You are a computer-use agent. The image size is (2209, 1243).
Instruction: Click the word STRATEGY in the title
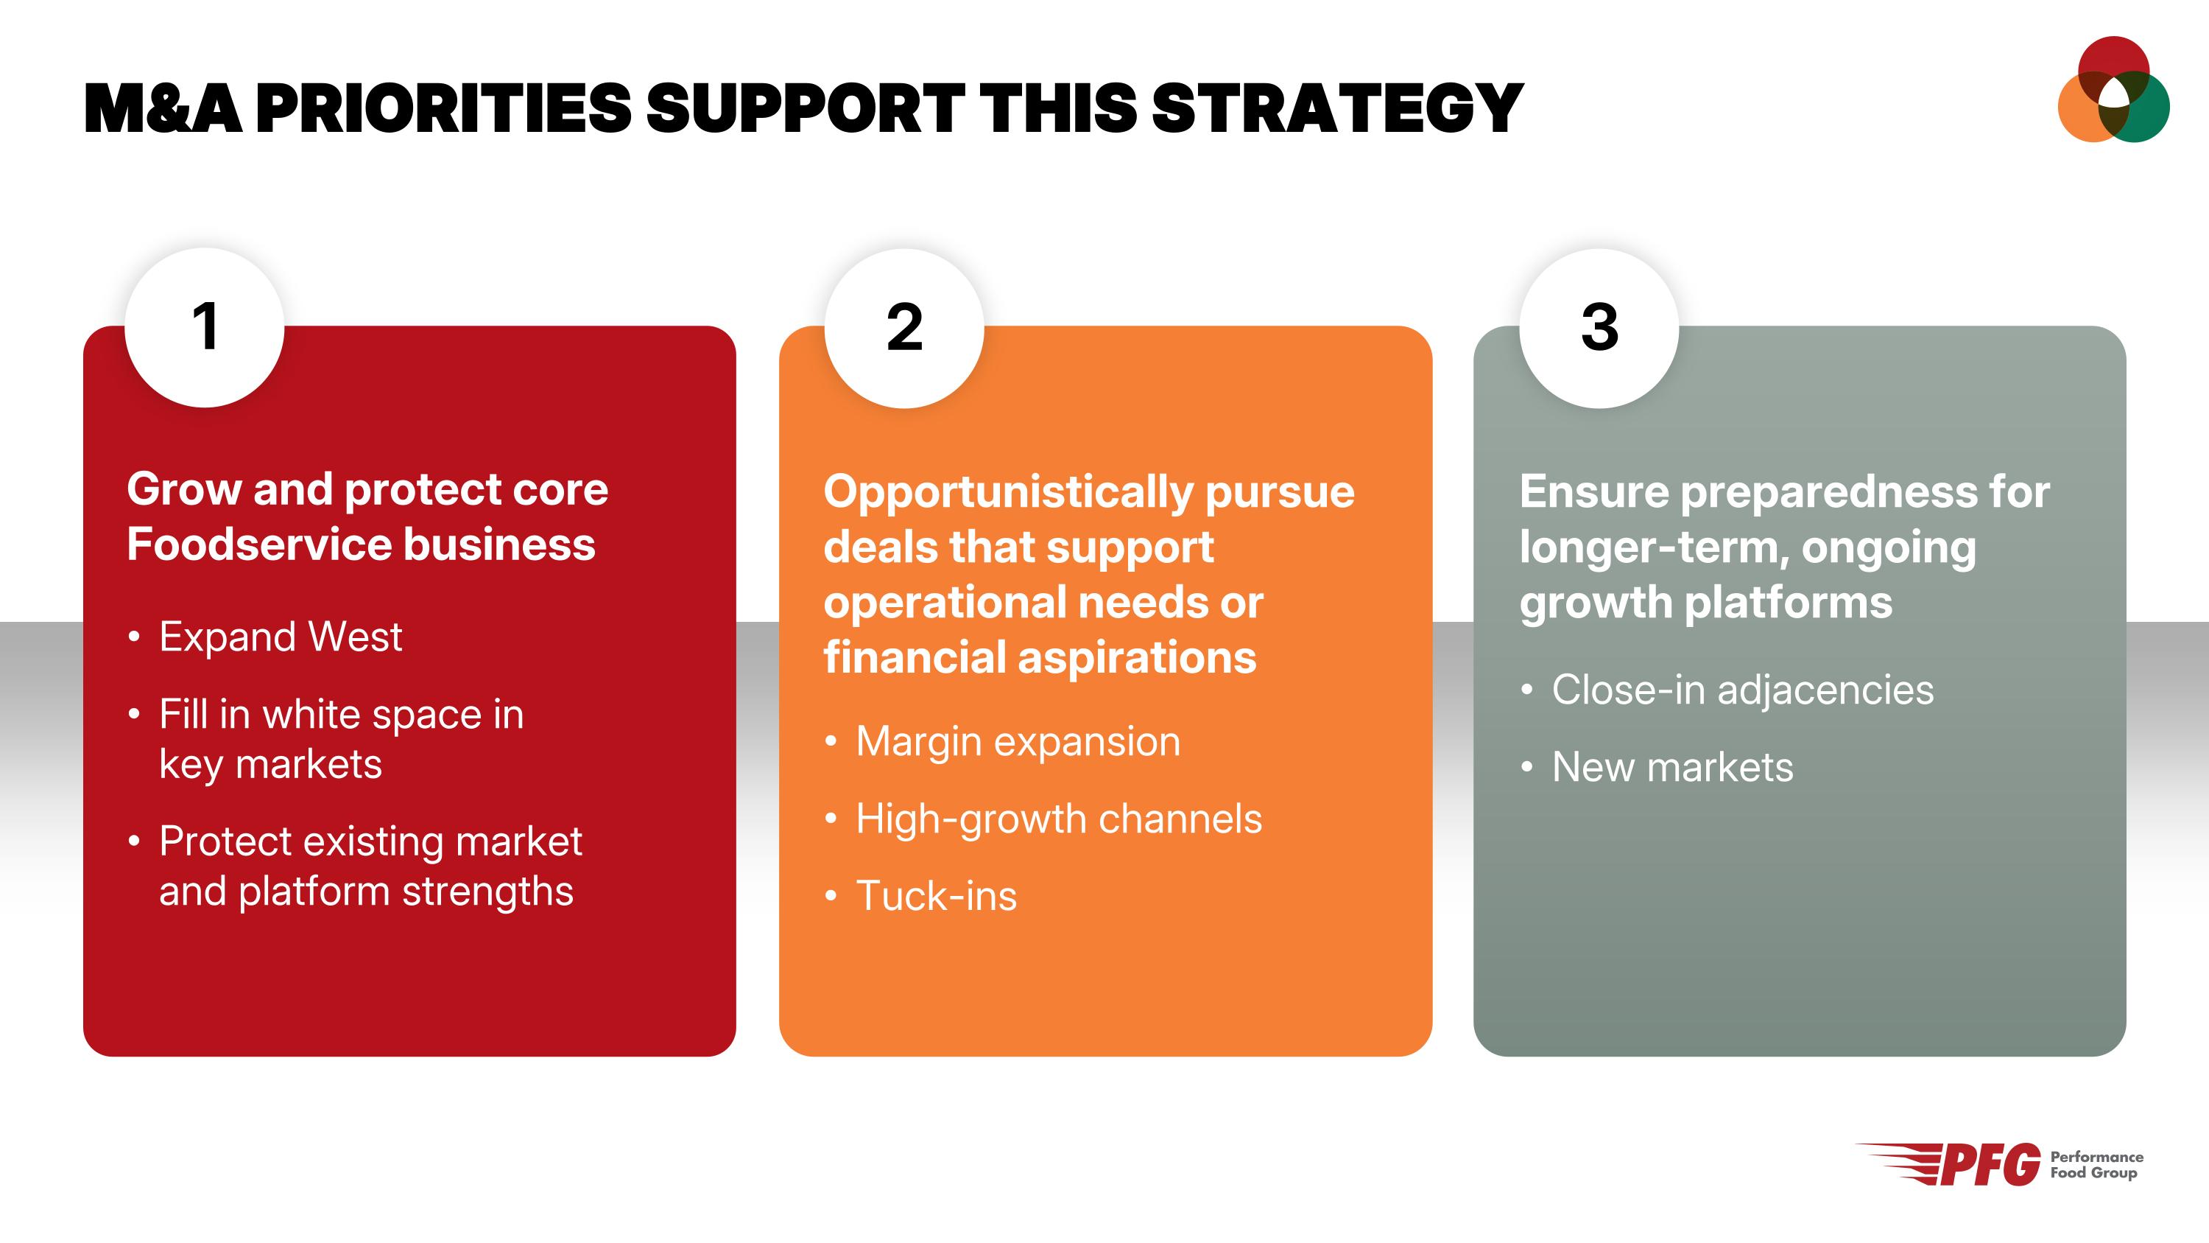pyautogui.click(x=1337, y=109)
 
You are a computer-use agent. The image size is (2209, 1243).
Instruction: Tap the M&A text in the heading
pyautogui.click(x=163, y=109)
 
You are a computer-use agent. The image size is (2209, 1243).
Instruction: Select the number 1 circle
pyautogui.click(x=204, y=328)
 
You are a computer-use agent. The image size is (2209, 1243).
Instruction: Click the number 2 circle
pyautogui.click(x=903, y=328)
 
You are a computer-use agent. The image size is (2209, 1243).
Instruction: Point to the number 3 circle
pyautogui.click(x=1599, y=328)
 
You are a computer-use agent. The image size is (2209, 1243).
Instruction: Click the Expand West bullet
pyautogui.click(x=266, y=637)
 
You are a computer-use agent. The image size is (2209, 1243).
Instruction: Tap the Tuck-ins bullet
pyautogui.click(x=921, y=895)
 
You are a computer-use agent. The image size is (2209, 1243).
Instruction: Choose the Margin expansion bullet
pyautogui.click(x=1002, y=741)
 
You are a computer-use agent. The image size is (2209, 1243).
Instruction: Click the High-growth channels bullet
pyautogui.click(x=1043, y=819)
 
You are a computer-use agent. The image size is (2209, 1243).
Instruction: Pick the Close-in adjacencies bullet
pyautogui.click(x=1727, y=690)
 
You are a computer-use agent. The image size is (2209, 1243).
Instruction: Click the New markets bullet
pyautogui.click(x=1657, y=767)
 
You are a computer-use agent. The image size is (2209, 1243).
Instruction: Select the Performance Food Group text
pyautogui.click(x=2096, y=1165)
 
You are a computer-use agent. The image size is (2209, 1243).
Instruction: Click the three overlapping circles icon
pyautogui.click(x=2114, y=89)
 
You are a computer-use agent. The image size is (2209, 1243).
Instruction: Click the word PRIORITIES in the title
pyautogui.click(x=443, y=109)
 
